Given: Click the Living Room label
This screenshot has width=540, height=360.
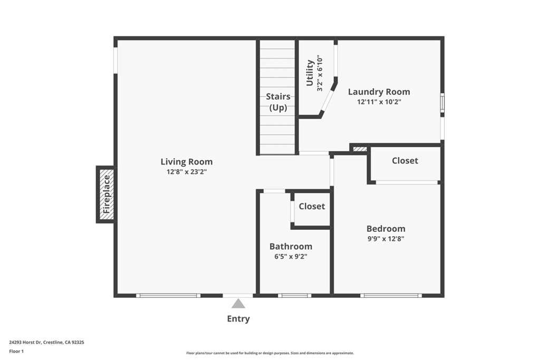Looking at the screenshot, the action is click(187, 162).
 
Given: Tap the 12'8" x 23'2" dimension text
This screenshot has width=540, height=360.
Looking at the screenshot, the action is click(187, 172).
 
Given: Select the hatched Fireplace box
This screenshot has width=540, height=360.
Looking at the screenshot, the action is click(106, 194).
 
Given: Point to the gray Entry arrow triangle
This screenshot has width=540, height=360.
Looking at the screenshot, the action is click(238, 304).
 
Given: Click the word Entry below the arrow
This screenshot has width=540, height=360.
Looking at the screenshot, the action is click(238, 319).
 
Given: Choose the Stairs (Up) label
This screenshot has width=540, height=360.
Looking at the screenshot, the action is click(278, 102).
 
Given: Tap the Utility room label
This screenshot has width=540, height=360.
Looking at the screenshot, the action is click(310, 73).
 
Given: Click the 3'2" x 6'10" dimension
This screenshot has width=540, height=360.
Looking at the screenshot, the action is click(320, 73).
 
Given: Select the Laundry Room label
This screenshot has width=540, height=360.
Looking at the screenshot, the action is click(379, 92).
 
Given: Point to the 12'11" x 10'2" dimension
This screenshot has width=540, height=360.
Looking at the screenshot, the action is click(379, 102).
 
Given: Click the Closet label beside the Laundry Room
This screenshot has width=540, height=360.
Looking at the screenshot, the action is click(405, 161).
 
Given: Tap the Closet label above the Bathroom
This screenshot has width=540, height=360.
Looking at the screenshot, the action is click(312, 206).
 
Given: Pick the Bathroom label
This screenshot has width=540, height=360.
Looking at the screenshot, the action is click(291, 247).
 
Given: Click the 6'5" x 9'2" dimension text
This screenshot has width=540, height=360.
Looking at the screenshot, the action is click(291, 256).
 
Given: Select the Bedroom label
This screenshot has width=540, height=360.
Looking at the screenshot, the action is click(385, 229).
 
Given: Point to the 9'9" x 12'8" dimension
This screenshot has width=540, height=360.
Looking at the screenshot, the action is click(385, 239).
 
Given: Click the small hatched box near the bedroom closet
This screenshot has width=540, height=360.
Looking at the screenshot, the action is click(360, 149).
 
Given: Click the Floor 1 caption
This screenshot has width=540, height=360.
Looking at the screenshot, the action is click(16, 352).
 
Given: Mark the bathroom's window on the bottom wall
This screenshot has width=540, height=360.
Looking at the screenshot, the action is click(294, 295).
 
